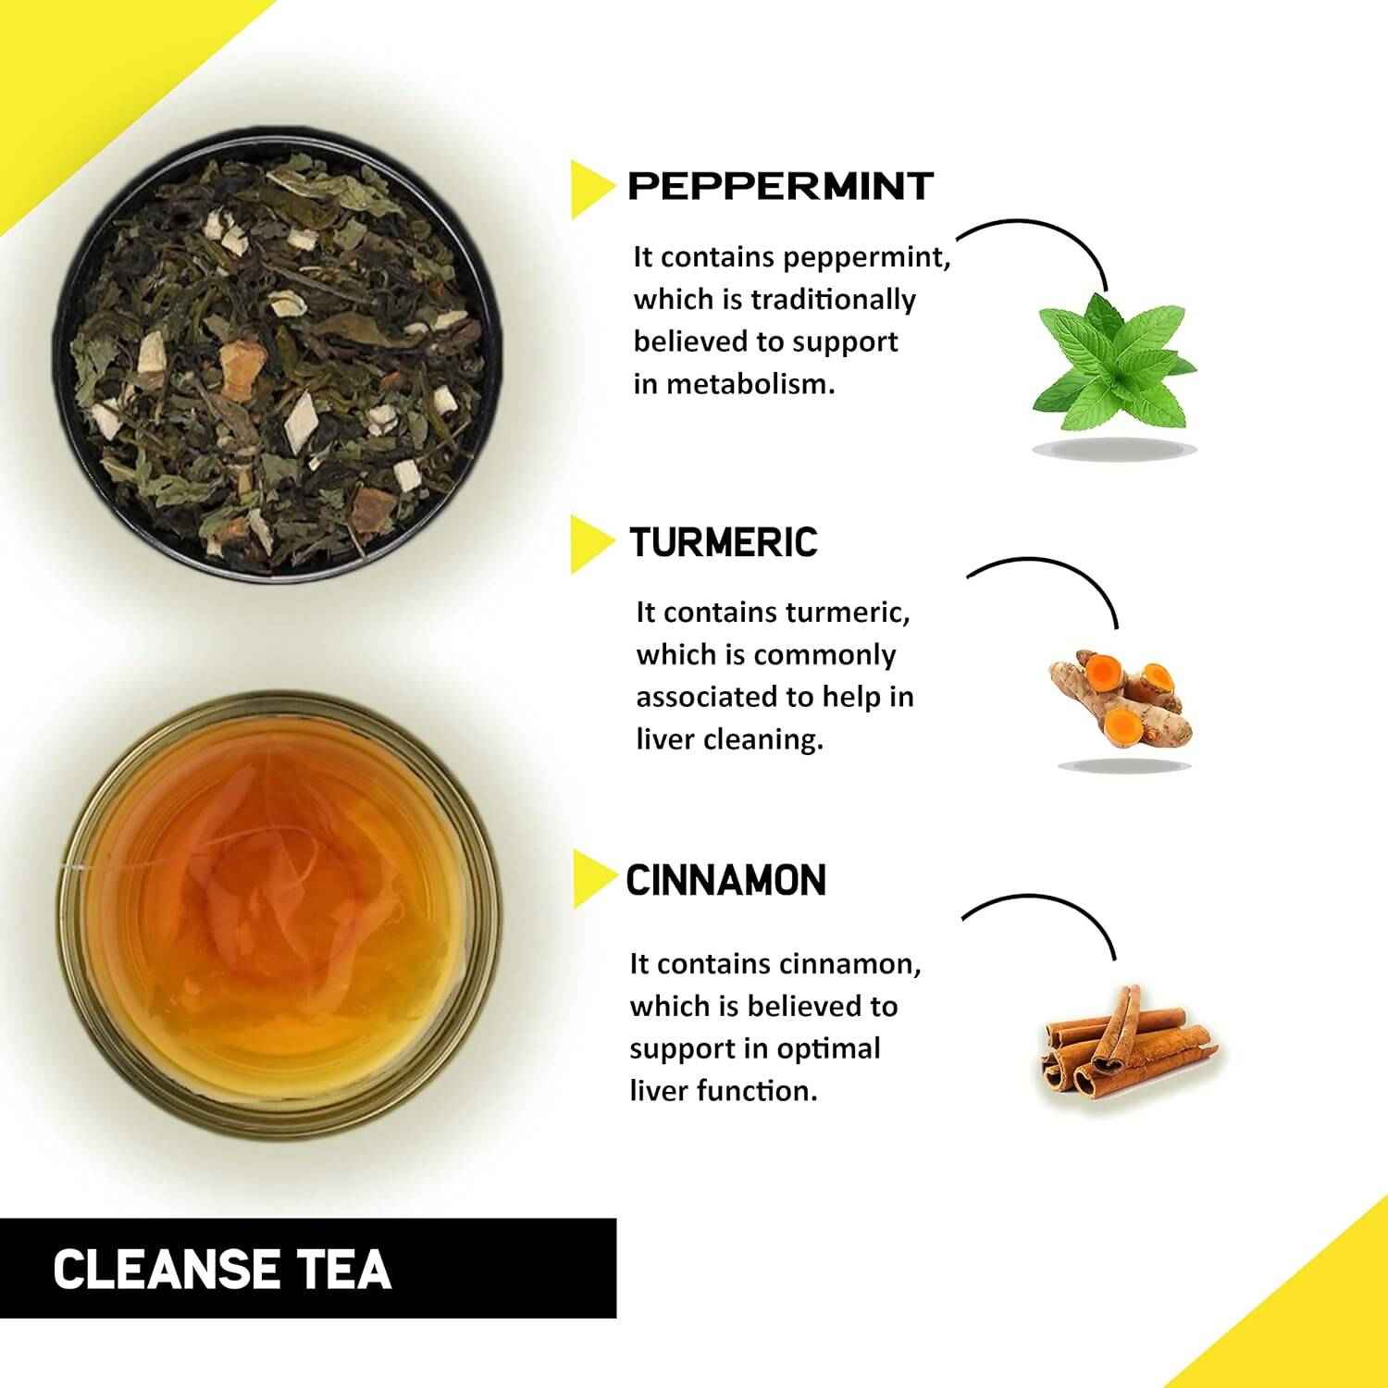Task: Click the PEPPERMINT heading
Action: (x=780, y=186)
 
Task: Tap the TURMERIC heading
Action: (x=724, y=542)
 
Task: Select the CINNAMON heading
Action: (x=726, y=880)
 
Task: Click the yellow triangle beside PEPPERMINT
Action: (x=589, y=189)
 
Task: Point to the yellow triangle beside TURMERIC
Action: (x=589, y=544)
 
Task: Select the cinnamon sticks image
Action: (x=1122, y=1041)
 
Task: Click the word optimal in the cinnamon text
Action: (x=828, y=1048)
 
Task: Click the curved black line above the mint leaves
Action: (x=1046, y=225)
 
